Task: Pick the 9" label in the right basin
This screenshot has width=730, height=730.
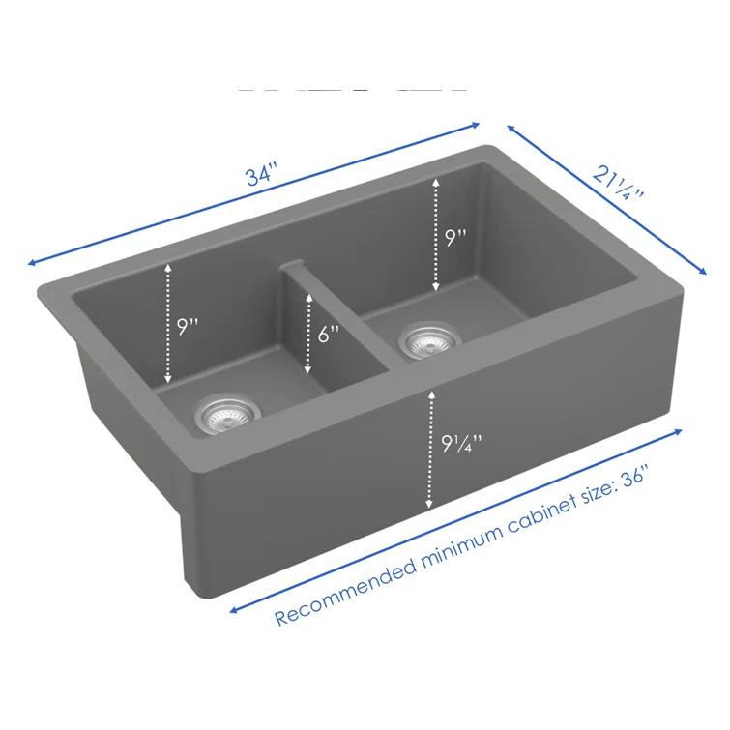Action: pos(456,238)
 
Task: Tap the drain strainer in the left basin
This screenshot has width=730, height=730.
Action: pos(220,414)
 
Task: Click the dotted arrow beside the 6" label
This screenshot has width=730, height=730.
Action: pos(307,334)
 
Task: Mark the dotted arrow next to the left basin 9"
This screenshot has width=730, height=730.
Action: pos(168,324)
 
